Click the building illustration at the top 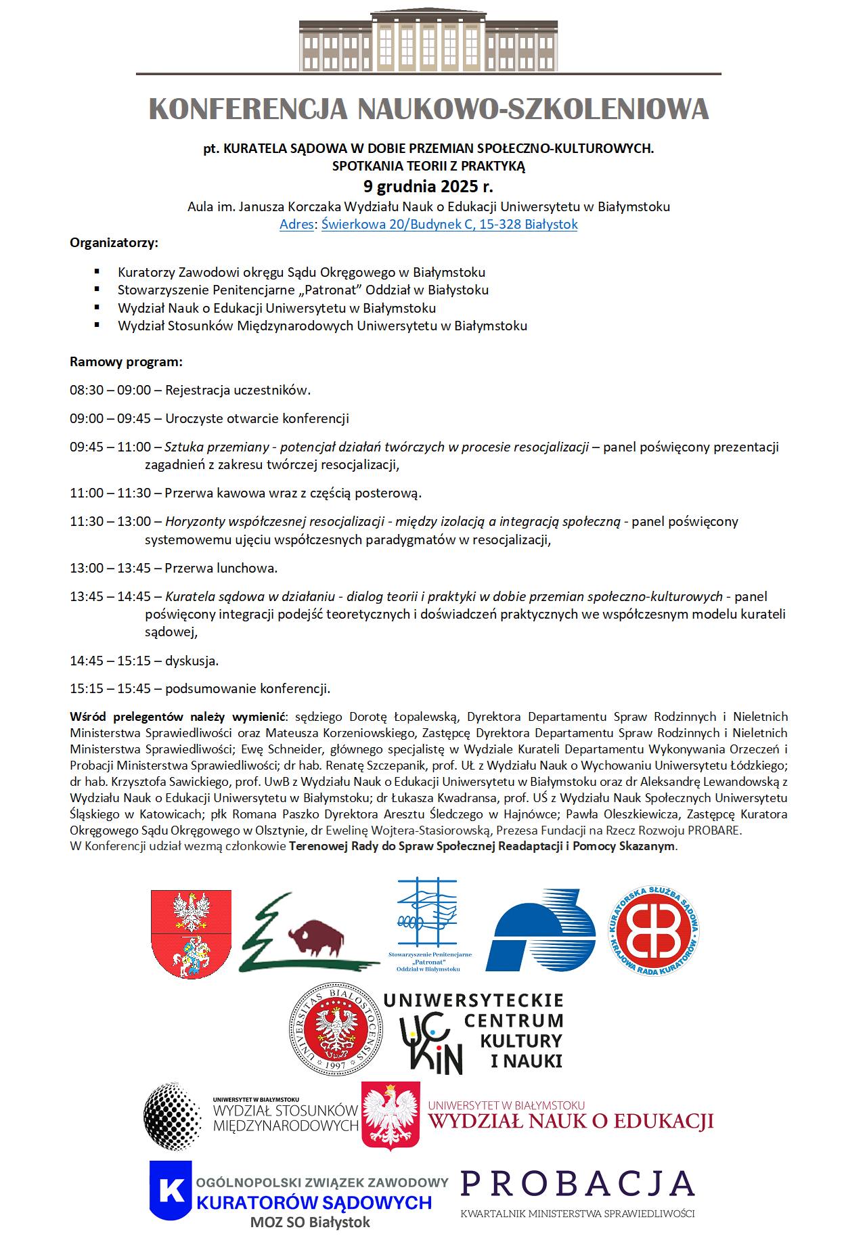click(428, 42)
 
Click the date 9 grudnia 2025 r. click(428, 187)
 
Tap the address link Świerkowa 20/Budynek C click(449, 224)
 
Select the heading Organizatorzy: click(114, 242)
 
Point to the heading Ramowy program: click(126, 361)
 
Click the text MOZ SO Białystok click(311, 1222)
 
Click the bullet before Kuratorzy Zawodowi click(97, 272)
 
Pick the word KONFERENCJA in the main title click(248, 109)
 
